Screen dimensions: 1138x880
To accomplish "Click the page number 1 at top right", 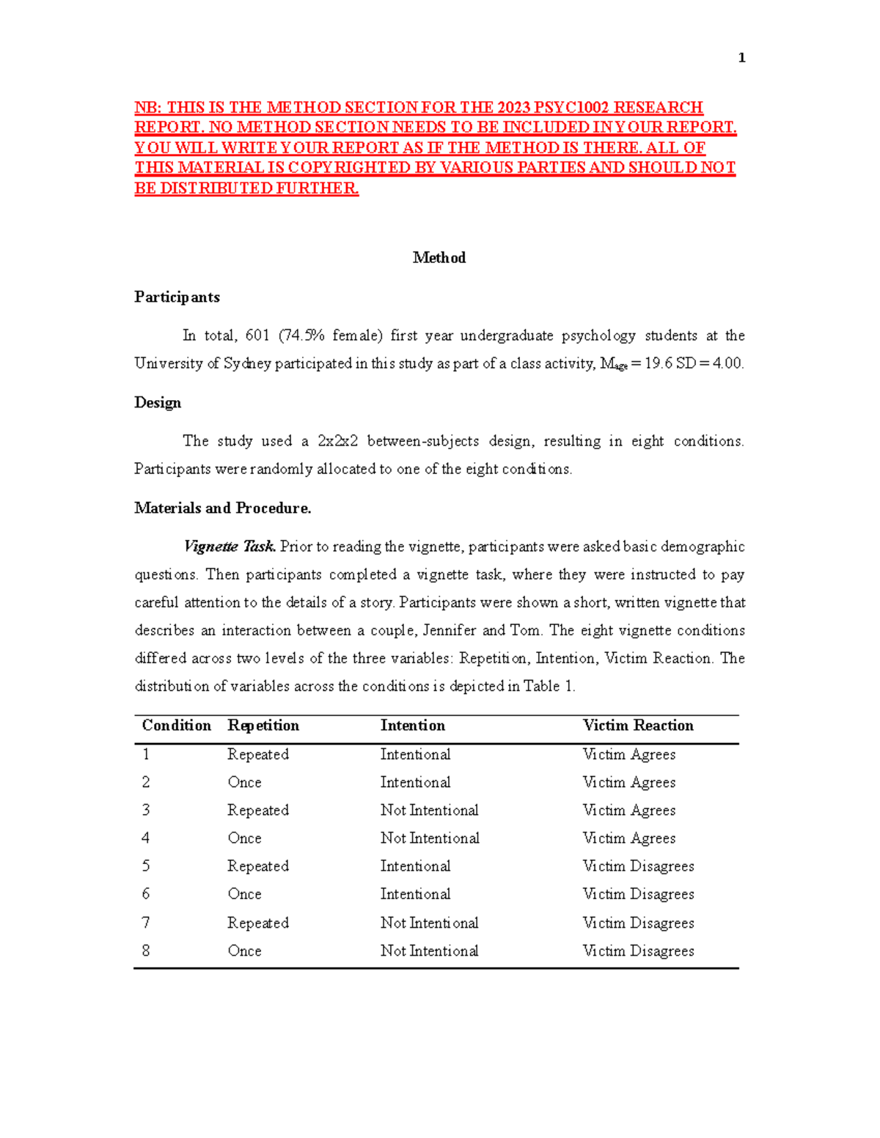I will [x=741, y=58].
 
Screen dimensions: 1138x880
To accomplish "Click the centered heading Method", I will [x=439, y=257].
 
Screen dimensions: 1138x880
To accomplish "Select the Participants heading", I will [x=177, y=297].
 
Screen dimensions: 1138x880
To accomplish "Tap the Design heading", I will [x=158, y=402].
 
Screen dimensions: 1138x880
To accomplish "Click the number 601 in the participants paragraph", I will [x=257, y=336].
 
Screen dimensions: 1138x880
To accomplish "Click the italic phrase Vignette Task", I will [x=230, y=547].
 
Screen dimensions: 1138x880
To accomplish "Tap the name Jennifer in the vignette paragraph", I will [x=450, y=630].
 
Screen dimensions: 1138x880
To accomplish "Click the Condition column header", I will [x=177, y=725].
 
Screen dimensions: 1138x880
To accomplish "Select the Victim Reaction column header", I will [x=638, y=725].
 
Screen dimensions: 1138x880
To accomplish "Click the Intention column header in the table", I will [x=412, y=725].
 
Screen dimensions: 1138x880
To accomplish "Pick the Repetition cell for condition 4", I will [x=244, y=838].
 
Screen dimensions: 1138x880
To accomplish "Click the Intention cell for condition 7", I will [x=429, y=923].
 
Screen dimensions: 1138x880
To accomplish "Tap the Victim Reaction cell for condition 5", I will [x=638, y=866].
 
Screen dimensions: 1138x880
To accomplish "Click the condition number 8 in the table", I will [x=146, y=950].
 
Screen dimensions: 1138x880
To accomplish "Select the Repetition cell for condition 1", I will [x=257, y=754].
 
